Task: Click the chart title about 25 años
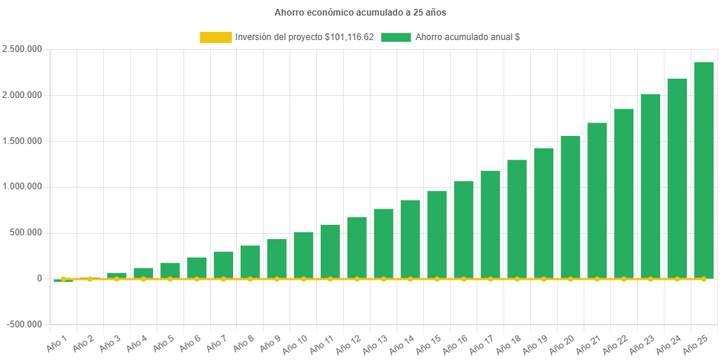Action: pos(360,13)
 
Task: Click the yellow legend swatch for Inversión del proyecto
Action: pos(215,37)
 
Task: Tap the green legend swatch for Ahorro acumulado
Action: pos(396,37)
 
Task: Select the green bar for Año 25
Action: pos(704,171)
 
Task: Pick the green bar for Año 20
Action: pos(570,208)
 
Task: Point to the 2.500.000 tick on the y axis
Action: pos(22,49)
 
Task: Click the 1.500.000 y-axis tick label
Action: pos(22,141)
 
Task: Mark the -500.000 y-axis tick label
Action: pos(24,324)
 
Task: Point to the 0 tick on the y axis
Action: pos(39,278)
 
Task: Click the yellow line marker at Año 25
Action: pos(704,279)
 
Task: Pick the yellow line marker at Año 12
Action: pos(356,279)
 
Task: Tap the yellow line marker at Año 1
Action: pos(63,279)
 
